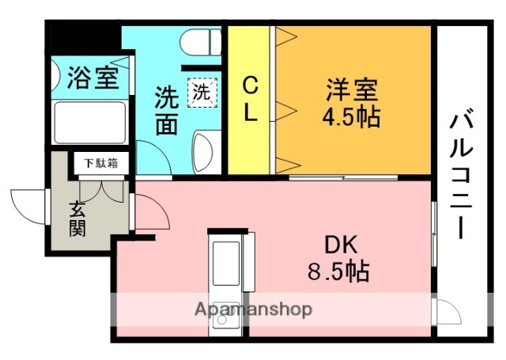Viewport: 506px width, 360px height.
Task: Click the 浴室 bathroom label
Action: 93,78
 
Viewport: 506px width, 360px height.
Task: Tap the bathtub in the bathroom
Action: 89,125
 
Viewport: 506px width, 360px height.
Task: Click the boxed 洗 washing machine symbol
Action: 201,92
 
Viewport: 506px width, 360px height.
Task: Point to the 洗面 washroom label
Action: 165,109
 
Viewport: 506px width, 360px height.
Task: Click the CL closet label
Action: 250,97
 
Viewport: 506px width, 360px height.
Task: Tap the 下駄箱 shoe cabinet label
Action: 102,164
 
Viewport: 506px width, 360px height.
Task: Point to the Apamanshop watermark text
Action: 253,309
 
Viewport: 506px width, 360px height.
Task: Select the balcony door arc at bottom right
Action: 447,311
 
